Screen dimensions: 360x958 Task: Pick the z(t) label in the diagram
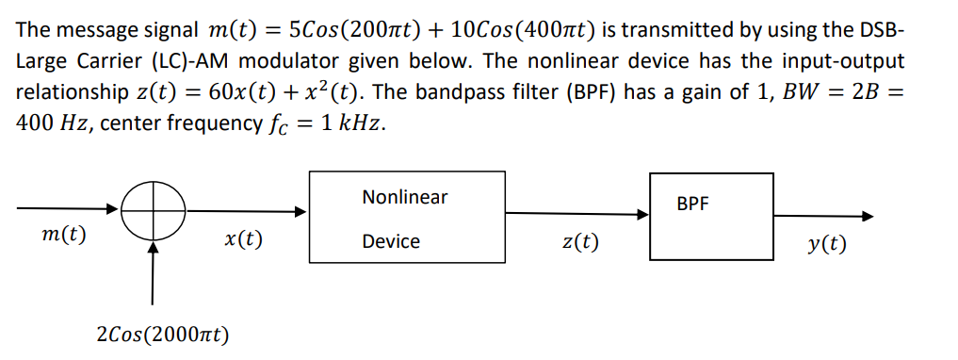click(579, 241)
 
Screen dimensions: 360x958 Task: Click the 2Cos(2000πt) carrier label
click(164, 335)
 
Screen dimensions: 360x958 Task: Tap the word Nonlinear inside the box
click(405, 197)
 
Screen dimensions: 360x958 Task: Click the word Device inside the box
click(391, 241)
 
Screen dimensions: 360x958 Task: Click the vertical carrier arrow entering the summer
click(152, 283)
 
